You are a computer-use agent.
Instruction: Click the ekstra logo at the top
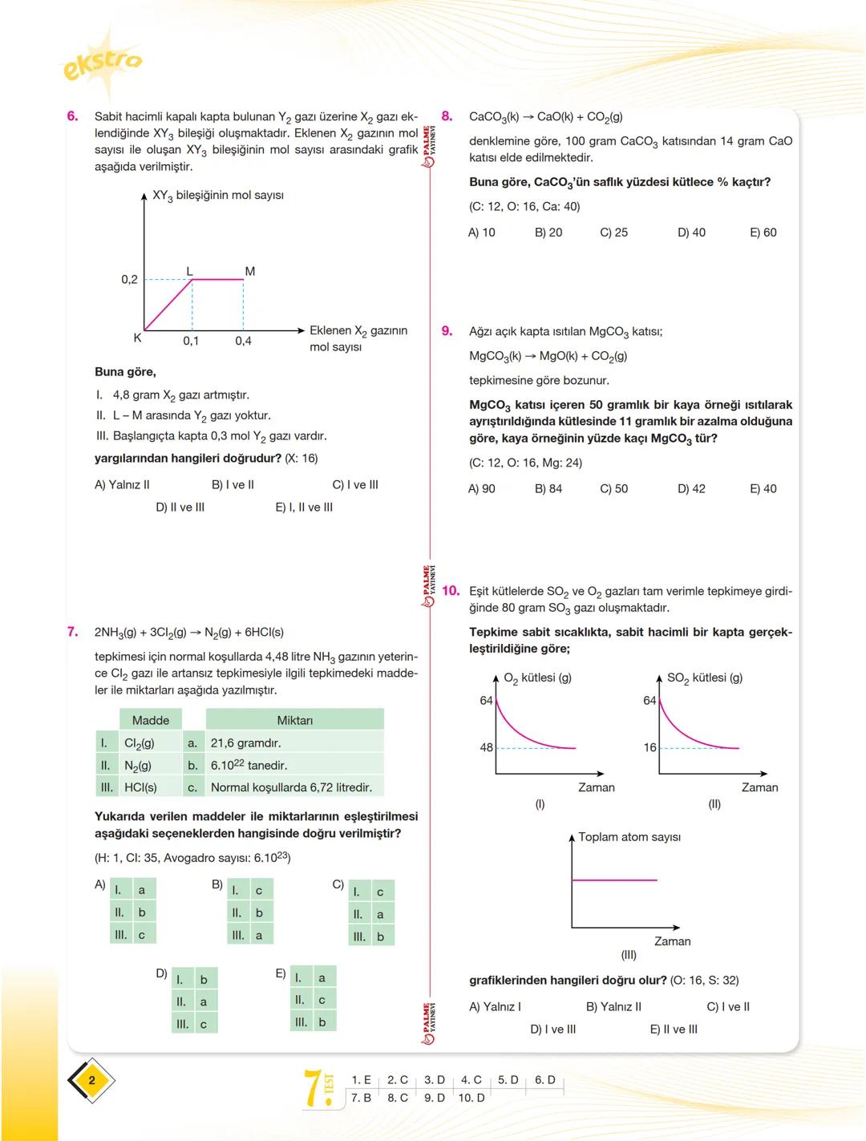coord(103,63)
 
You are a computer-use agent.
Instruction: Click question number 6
coord(72,116)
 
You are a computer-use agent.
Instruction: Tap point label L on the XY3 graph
coord(190,271)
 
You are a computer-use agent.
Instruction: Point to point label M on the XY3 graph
coord(249,271)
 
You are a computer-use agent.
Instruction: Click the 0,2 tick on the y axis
coord(129,280)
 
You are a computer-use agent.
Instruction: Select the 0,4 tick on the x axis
coord(243,341)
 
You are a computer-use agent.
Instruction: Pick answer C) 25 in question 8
coord(613,233)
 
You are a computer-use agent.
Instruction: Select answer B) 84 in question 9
coord(548,488)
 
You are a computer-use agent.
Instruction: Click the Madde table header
coord(150,720)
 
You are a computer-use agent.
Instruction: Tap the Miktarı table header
coord(294,720)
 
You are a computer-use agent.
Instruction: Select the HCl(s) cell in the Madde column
coord(140,787)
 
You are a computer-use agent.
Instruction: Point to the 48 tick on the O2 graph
coord(486,747)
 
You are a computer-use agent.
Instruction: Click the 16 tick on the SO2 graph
coord(649,747)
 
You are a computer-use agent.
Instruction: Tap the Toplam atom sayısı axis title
coord(629,837)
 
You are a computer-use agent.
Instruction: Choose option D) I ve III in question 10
coord(552,1030)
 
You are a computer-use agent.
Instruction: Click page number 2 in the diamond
coord(91,1081)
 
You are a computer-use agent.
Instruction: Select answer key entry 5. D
coord(508,1080)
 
